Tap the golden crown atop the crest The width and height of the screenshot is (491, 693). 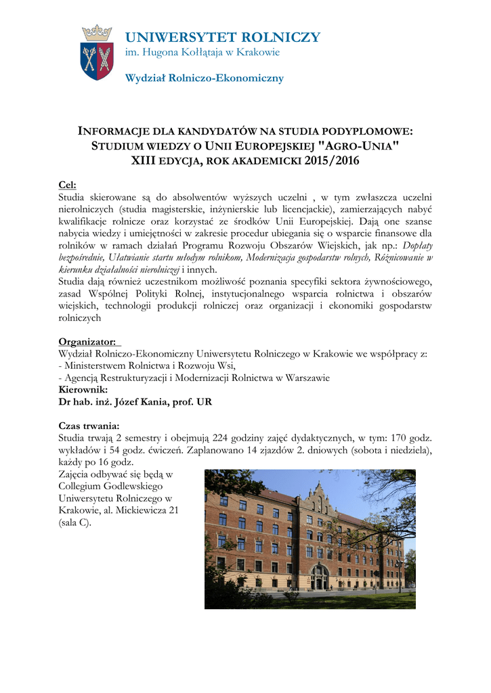96,32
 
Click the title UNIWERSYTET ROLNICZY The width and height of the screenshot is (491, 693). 223,37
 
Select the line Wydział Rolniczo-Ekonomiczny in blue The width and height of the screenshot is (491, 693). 205,79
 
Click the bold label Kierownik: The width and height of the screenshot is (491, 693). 85,390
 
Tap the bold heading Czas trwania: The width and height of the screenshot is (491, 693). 89,426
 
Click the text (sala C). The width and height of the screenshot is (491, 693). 75,523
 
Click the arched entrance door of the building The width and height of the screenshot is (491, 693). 319,578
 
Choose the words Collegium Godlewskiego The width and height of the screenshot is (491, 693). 112,486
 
